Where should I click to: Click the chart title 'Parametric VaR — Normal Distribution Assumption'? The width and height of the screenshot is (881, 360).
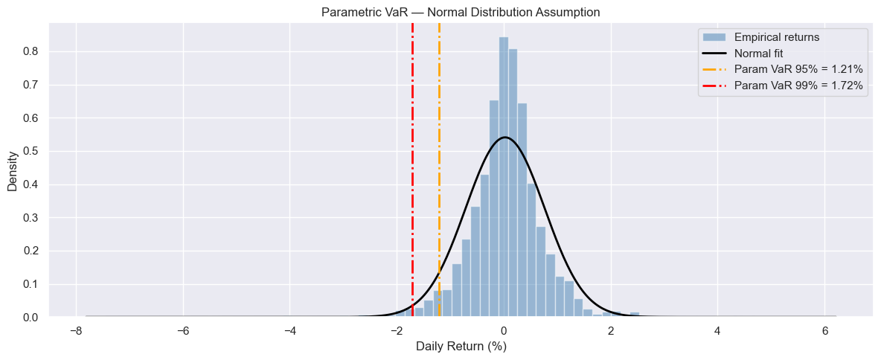(x=461, y=12)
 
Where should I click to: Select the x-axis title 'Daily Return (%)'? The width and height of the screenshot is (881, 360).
(x=461, y=347)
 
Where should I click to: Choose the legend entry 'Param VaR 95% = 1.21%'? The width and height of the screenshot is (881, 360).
(x=798, y=69)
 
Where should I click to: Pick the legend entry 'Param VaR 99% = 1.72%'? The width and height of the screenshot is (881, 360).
(x=798, y=86)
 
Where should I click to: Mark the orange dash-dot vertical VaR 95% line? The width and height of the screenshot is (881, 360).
(x=439, y=149)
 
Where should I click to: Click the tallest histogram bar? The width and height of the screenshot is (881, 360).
(x=504, y=179)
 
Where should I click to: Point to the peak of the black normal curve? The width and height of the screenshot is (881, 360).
(x=504, y=138)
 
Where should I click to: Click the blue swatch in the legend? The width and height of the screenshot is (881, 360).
(x=713, y=36)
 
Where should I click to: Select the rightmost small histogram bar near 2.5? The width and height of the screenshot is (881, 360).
(x=635, y=315)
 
